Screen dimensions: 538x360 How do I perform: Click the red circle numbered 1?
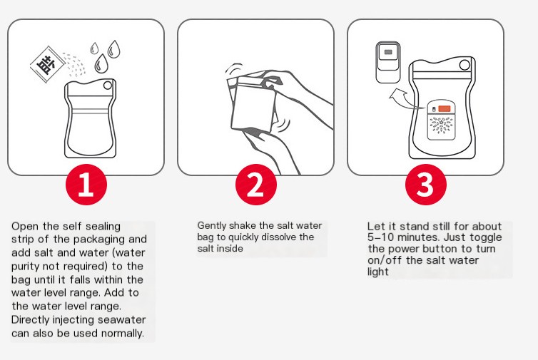(86, 185)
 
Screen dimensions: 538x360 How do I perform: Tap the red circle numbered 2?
(256, 185)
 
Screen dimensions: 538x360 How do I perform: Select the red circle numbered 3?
(426, 185)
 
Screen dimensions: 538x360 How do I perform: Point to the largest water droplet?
(101, 63)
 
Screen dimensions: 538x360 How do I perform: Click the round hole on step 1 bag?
(108, 85)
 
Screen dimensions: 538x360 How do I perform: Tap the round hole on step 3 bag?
(465, 65)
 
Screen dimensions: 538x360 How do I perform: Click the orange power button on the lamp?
(445, 108)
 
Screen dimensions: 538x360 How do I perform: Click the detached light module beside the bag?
(388, 62)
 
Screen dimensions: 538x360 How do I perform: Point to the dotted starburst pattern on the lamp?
(442, 125)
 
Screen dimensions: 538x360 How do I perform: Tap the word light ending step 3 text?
(377, 272)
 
